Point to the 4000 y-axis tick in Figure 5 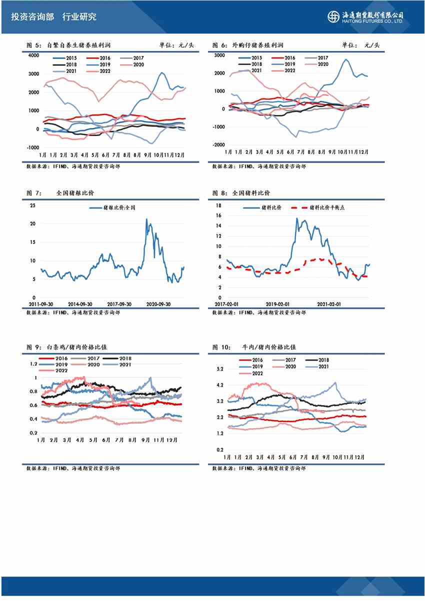[x=33, y=55]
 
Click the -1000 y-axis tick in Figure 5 [x=32, y=147]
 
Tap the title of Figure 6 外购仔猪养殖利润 [x=258, y=45]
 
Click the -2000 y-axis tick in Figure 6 [x=218, y=145]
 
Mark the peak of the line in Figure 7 [x=146, y=218]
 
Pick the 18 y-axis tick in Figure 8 [x=218, y=205]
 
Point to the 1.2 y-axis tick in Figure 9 [x=34, y=364]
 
